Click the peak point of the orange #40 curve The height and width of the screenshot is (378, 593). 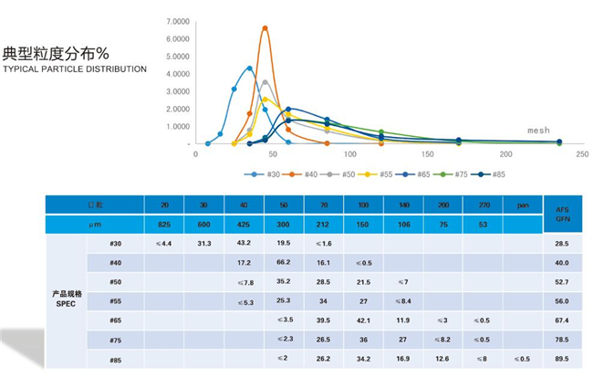coord(265,28)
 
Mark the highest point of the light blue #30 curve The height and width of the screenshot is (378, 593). coord(249,68)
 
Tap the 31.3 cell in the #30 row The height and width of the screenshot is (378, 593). coord(203,243)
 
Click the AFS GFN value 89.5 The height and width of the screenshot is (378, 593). coord(562,360)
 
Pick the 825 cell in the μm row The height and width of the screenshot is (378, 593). coord(163,224)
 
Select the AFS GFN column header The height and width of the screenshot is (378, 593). coord(562,214)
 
